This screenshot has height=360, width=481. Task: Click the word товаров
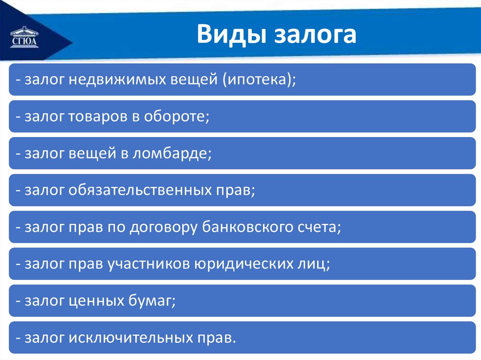tap(98, 117)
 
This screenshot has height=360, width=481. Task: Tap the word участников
tap(149, 264)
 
